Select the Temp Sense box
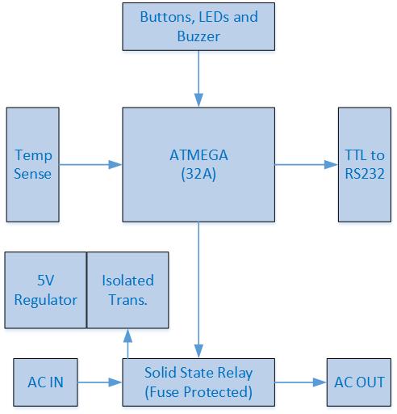pos(32,165)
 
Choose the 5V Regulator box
pos(45,289)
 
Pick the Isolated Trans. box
pos(127,289)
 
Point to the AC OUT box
pos(360,382)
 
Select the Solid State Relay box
pos(197,382)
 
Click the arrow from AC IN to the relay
pos(103,382)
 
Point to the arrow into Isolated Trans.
pos(127,343)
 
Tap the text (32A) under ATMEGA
pos(197,175)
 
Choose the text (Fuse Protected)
pos(197,391)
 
